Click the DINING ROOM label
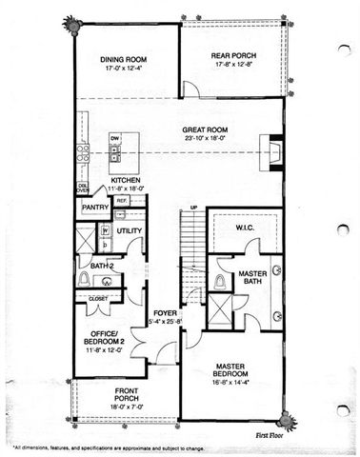(x=126, y=59)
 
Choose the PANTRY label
(x=94, y=207)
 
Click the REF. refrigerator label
(x=122, y=201)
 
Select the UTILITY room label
(x=129, y=230)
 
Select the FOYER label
(x=165, y=311)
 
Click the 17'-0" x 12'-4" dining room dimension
(x=126, y=69)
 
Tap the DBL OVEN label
(x=84, y=188)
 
